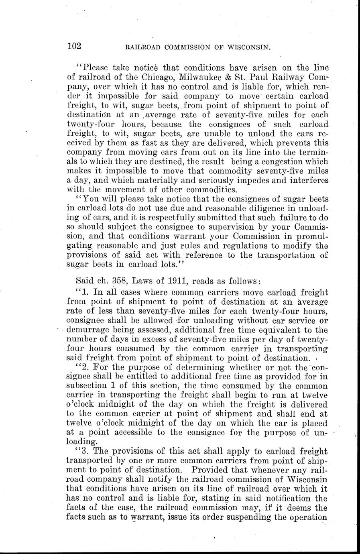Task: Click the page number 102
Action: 74,46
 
